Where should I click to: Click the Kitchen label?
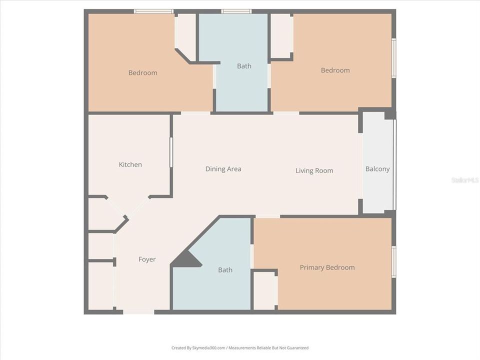click(130, 164)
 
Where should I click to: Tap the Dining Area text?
click(223, 169)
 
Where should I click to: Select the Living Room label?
click(314, 170)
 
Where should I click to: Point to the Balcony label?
click(377, 169)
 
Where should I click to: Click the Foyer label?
click(147, 259)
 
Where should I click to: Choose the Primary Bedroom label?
click(327, 267)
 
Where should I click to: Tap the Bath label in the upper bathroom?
click(244, 66)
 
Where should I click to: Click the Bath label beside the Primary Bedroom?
click(225, 270)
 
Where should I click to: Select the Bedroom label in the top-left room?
click(142, 73)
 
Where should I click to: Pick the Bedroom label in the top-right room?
click(335, 70)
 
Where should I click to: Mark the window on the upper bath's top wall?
click(236, 11)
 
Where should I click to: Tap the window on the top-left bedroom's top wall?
click(153, 11)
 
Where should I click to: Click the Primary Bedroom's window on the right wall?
click(393, 261)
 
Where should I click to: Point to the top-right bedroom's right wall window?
click(393, 58)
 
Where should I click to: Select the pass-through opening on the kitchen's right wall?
click(171, 152)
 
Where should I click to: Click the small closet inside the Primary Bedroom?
click(264, 290)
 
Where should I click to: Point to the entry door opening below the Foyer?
click(138, 311)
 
